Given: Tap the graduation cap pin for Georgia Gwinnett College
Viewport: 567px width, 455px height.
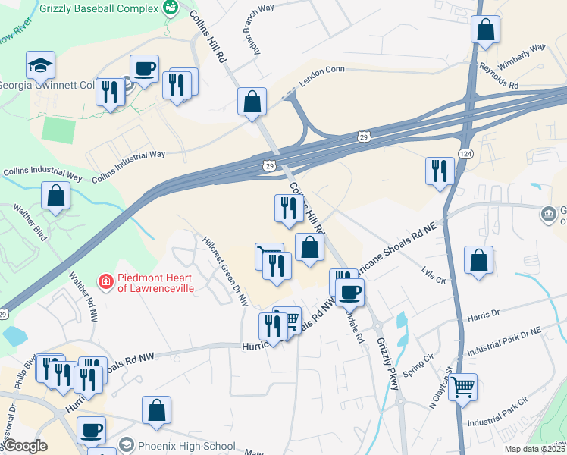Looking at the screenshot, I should pyautogui.click(x=40, y=67).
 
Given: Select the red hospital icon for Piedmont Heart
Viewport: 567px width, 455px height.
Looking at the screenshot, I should pyautogui.click(x=107, y=282).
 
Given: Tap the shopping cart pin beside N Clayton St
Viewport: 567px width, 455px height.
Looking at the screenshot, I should pyautogui.click(x=462, y=388).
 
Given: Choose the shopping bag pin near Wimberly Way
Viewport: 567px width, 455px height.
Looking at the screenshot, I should pyautogui.click(x=485, y=30).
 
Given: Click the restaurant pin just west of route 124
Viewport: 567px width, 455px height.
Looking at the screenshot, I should pyautogui.click(x=439, y=171).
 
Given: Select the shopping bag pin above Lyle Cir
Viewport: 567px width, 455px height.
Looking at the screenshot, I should pyautogui.click(x=478, y=262).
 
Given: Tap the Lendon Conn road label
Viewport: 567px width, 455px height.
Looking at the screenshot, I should pyautogui.click(x=322, y=91).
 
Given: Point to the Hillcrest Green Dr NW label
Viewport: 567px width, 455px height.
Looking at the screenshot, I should pyautogui.click(x=225, y=271).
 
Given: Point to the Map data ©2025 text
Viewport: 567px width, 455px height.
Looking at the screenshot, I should pyautogui.click(x=535, y=449).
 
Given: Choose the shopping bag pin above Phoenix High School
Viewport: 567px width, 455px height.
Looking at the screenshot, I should pyautogui.click(x=156, y=410).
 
